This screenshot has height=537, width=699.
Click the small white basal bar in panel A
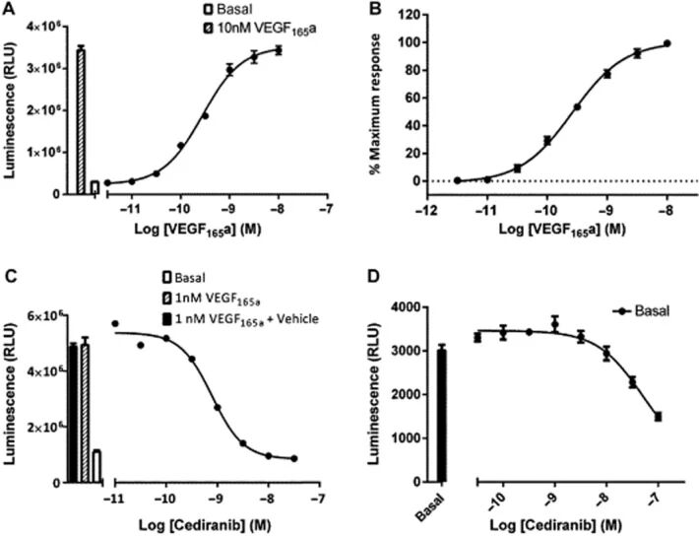coord(95,187)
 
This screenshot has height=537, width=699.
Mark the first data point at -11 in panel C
coord(115,323)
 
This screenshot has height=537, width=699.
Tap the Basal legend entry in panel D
coord(628,310)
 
